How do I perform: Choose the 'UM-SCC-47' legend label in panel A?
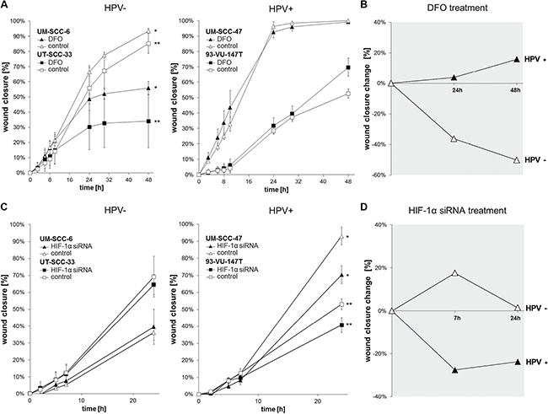(230, 29)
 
